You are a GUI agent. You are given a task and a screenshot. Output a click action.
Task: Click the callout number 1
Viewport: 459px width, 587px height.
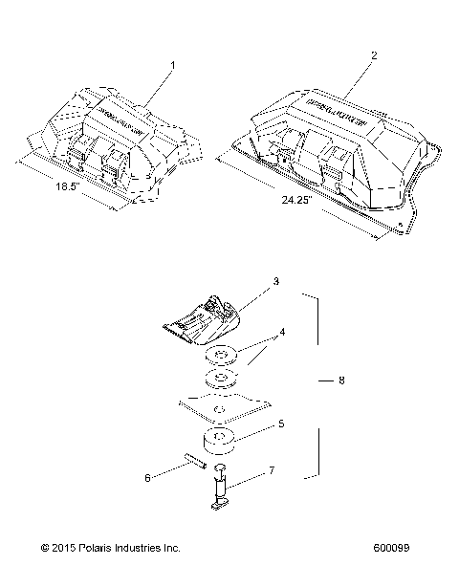173,66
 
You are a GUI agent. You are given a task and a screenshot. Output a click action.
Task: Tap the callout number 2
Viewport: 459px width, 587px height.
373,55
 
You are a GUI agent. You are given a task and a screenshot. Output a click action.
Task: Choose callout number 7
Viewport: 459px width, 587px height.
272,470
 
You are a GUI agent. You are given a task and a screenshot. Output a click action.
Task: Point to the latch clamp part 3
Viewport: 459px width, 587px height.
207,315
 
